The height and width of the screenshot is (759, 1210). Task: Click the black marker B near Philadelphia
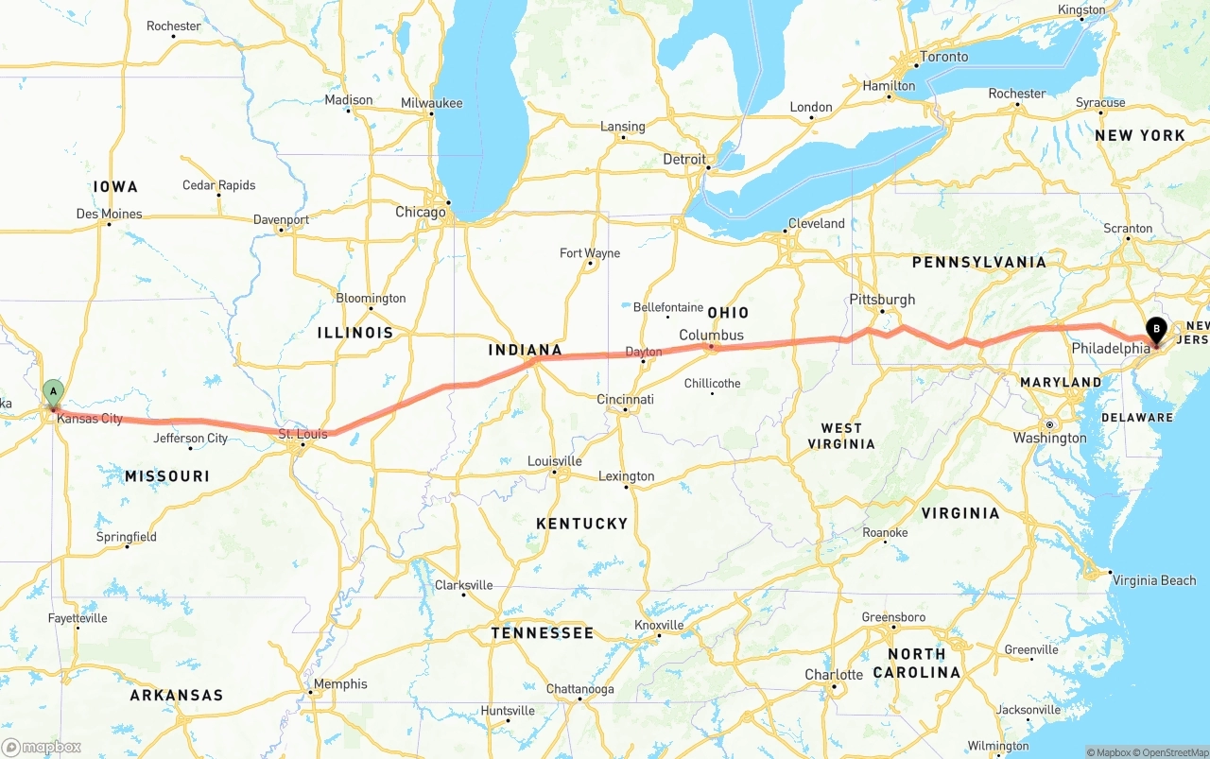1156,330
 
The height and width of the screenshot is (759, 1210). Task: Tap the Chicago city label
420,213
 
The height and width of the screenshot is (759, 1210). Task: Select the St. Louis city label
302,435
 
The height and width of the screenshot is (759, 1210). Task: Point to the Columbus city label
711,336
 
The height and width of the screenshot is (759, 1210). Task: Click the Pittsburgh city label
882,300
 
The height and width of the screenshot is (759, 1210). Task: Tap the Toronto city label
943,57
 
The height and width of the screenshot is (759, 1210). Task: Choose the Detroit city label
683,160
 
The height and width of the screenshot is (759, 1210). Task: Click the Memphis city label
340,684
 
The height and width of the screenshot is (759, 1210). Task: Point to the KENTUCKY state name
581,524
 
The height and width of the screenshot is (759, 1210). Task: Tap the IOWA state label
115,187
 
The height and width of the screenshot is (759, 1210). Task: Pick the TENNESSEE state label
543,633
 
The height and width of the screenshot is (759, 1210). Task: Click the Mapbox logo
42,747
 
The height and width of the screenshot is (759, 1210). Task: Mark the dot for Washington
1049,424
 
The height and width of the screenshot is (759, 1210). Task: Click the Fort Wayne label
590,253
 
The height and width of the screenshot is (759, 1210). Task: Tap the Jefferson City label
190,439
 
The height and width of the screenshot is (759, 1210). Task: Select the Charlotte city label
833,675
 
